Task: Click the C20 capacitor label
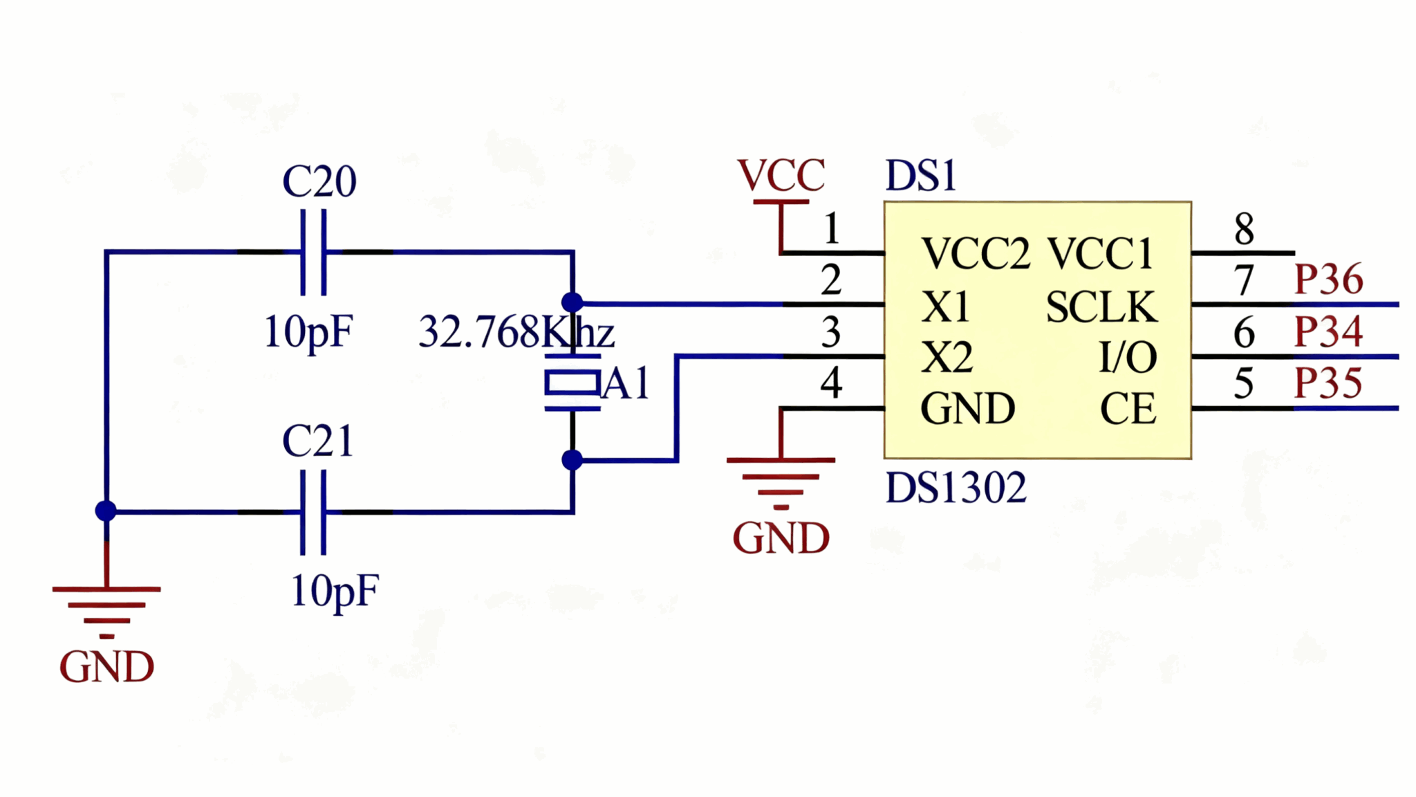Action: click(319, 182)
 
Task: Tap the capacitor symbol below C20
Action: click(313, 253)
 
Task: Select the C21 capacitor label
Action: click(317, 441)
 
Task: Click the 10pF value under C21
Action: click(335, 592)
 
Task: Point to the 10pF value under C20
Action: click(308, 332)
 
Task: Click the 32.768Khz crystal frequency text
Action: click(516, 332)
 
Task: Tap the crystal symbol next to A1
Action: click(572, 383)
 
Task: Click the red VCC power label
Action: click(781, 175)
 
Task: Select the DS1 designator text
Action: click(920, 176)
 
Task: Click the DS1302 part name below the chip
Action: click(956, 488)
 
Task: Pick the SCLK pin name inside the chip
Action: click(1101, 307)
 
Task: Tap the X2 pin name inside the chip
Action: click(947, 358)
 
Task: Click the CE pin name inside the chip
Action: click(1128, 409)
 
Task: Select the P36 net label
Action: click(1328, 280)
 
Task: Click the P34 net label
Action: click(1328, 331)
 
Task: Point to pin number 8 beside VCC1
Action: click(1244, 229)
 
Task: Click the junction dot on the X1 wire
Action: click(572, 302)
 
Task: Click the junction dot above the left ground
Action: click(106, 511)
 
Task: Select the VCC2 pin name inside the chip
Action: click(976, 254)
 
